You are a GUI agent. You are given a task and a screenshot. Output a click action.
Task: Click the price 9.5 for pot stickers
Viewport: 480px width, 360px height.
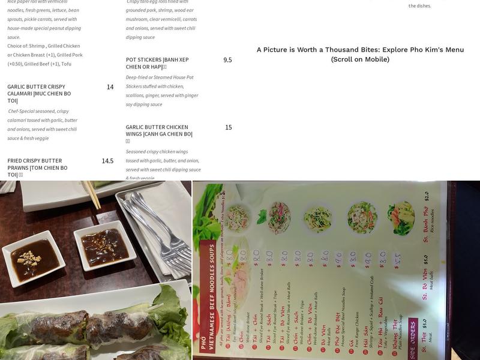point(227,60)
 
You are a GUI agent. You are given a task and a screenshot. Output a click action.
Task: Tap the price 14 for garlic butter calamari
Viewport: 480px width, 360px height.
point(110,87)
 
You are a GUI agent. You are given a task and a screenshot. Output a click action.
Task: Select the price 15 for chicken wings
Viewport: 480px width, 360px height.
point(228,127)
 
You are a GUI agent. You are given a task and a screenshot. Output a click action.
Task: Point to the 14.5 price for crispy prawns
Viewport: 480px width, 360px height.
point(107,161)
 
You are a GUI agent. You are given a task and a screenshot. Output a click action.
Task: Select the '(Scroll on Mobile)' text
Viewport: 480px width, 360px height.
point(360,59)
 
